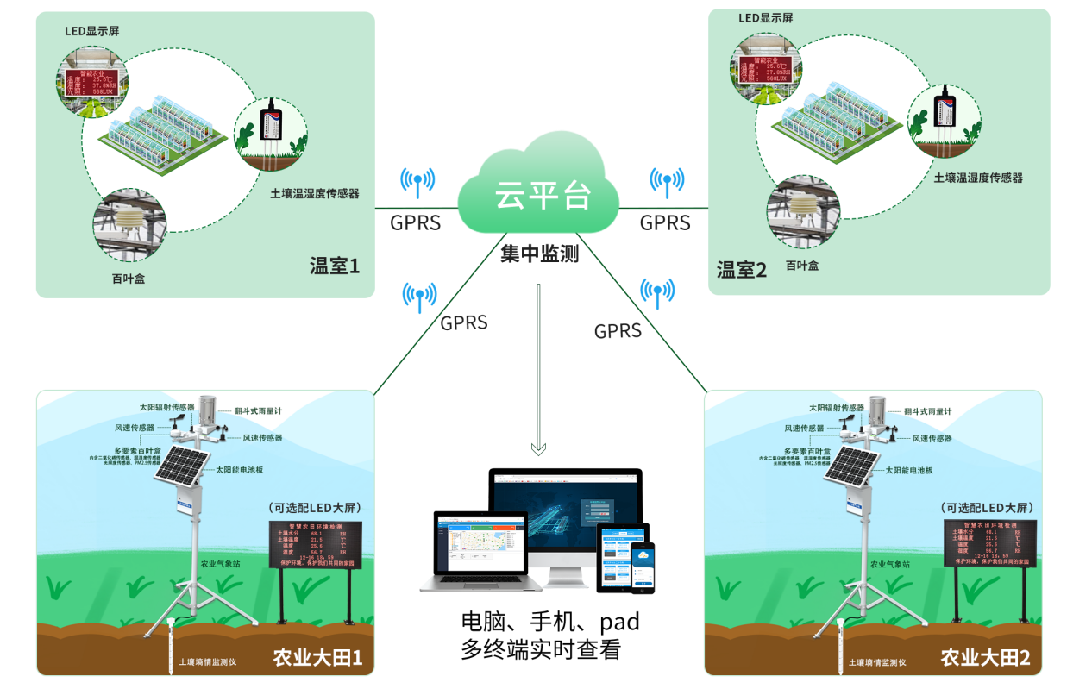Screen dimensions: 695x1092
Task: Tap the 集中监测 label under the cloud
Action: (539, 254)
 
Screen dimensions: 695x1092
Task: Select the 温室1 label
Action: (334, 265)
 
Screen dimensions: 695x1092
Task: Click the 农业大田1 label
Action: (317, 658)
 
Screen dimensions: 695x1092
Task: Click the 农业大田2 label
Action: (985, 658)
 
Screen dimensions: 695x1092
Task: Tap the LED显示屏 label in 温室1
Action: (92, 31)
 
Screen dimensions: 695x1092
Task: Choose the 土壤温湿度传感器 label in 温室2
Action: (978, 178)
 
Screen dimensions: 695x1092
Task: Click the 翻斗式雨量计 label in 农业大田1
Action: (260, 412)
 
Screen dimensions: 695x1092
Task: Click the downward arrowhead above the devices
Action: (539, 448)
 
